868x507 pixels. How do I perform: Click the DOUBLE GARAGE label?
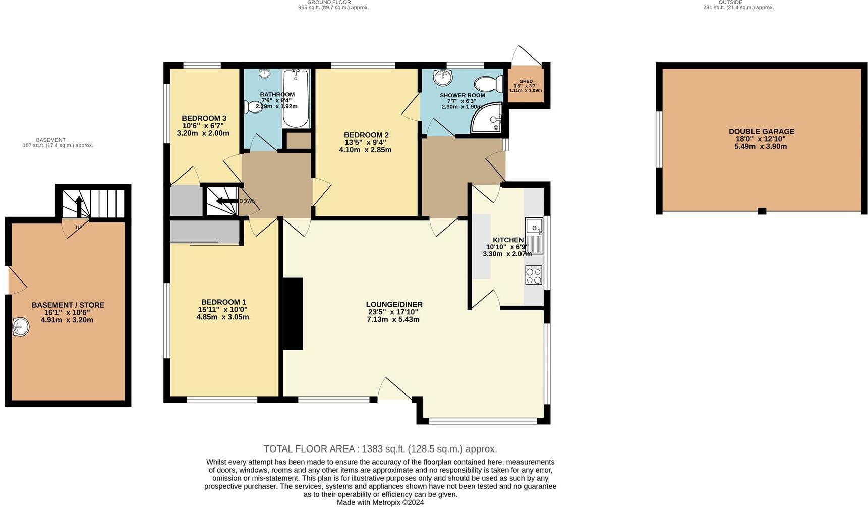(x=761, y=132)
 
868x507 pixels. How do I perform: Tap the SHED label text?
(x=526, y=81)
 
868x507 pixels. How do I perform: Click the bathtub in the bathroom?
(x=296, y=98)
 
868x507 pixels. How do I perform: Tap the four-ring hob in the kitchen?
(x=534, y=275)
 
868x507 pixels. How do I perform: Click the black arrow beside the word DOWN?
(x=226, y=201)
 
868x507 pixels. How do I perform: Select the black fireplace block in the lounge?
(x=293, y=314)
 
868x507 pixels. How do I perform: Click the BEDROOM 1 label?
(x=223, y=302)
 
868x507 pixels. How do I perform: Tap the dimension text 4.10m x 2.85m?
(x=365, y=150)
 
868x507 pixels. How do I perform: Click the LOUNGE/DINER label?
(x=394, y=305)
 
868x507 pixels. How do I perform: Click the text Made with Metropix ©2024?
(x=380, y=502)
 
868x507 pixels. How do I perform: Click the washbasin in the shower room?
(x=443, y=77)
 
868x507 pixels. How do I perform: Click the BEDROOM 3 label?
(x=204, y=118)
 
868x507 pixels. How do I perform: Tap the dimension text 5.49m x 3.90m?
(x=761, y=147)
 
